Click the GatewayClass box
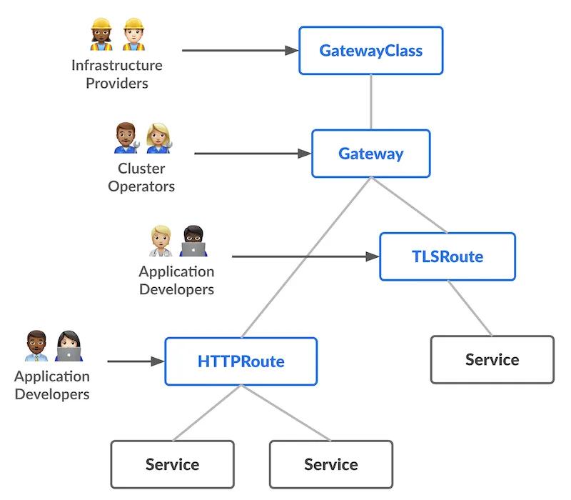pos(370,51)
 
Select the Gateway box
pos(370,154)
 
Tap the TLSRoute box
pos(447,256)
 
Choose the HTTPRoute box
pos(241,361)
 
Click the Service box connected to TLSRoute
pos(492,360)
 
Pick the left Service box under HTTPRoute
pos(172,464)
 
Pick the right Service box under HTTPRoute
pos(330,464)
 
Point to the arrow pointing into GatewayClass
pos(239,51)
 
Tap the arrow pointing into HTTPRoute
pos(136,361)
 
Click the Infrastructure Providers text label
pos(117,74)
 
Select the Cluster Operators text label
pos(141,178)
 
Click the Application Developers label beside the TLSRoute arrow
pos(176,281)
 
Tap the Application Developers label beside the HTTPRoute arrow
pos(52,385)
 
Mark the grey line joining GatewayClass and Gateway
pos(370,102)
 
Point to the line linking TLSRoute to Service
pos(470,308)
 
